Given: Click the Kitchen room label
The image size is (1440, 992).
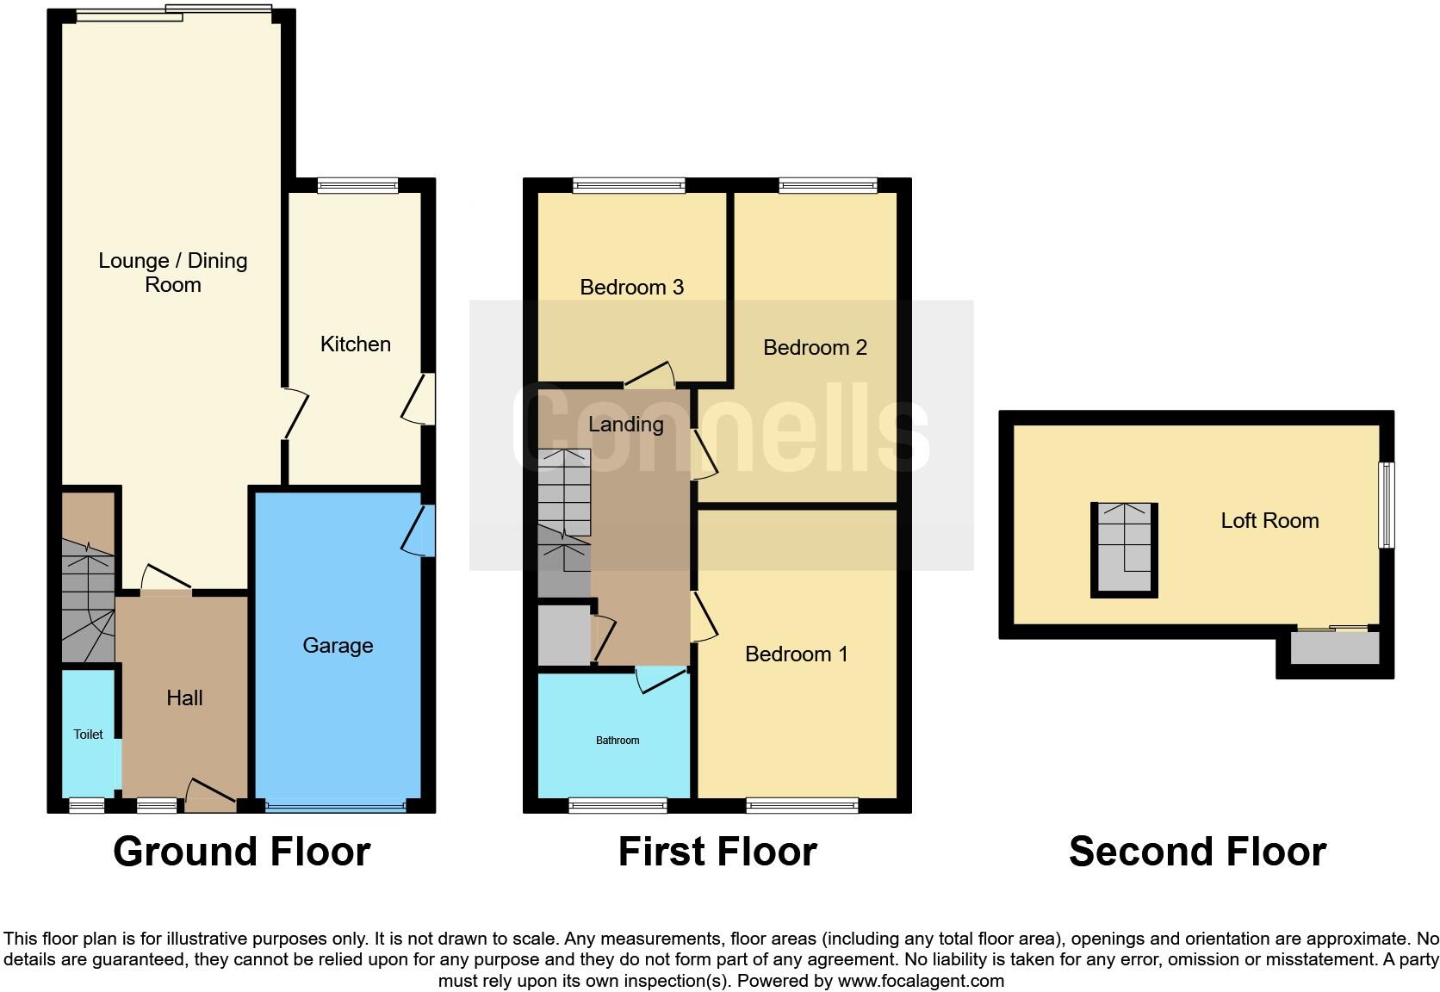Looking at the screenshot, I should [x=355, y=344].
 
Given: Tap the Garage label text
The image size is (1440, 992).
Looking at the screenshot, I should [x=338, y=646].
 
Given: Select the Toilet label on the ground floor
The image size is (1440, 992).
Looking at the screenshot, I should [x=88, y=735].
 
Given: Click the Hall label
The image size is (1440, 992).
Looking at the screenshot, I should [x=184, y=698].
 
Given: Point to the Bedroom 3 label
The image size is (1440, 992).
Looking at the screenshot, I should [x=631, y=288].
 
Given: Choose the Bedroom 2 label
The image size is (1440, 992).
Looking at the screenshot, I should [x=815, y=348].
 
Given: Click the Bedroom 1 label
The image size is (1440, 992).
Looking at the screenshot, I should [x=796, y=654].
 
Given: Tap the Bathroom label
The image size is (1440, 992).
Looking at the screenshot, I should [x=618, y=741].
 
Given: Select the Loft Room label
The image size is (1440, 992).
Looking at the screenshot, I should [x=1269, y=521].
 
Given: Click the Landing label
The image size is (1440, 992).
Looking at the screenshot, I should [x=625, y=425].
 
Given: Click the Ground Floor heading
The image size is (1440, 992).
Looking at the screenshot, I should [x=241, y=852].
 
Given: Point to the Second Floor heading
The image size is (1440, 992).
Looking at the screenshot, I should [x=1197, y=852].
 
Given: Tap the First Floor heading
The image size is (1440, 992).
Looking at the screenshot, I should [x=717, y=852].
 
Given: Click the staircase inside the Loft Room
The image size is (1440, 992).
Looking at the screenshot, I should [x=1124, y=549].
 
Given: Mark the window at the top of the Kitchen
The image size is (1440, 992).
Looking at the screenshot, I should [x=357, y=185].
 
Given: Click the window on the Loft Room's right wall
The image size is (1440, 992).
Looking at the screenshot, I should [x=1386, y=505].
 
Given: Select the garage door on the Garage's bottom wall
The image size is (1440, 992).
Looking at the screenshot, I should [x=336, y=807].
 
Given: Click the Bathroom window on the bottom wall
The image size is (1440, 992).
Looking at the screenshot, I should [x=618, y=806].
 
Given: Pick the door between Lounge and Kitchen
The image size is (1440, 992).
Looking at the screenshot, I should [x=294, y=414].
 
